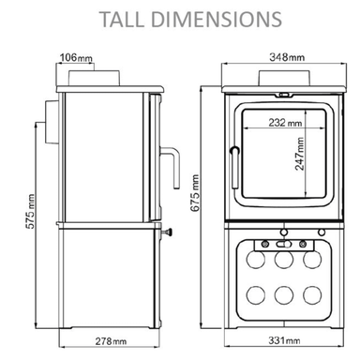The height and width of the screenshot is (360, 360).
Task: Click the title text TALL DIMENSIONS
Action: pyautogui.click(x=180, y=18)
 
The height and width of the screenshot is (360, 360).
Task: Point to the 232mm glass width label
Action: pyautogui.click(x=282, y=123)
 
